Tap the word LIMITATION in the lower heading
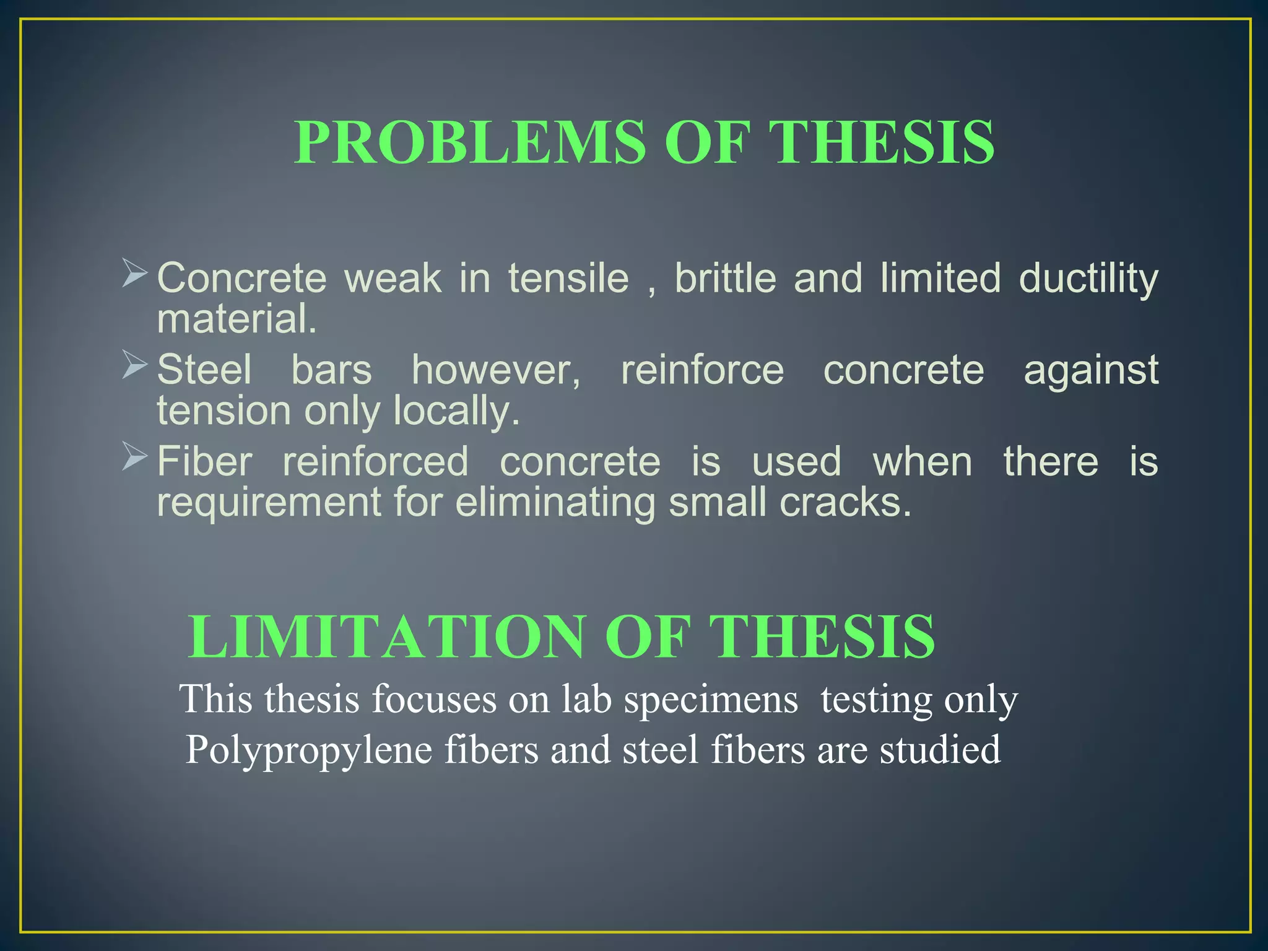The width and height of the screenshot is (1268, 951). [x=386, y=637]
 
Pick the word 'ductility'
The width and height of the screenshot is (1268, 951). [x=1088, y=279]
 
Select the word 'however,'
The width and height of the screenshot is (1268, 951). [x=497, y=370]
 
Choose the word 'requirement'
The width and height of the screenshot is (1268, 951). [x=269, y=503]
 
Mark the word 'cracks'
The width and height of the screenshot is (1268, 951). [x=845, y=503]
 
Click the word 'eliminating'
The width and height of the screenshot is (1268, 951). [x=555, y=503]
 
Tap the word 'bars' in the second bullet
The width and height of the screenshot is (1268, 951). [x=331, y=370]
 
